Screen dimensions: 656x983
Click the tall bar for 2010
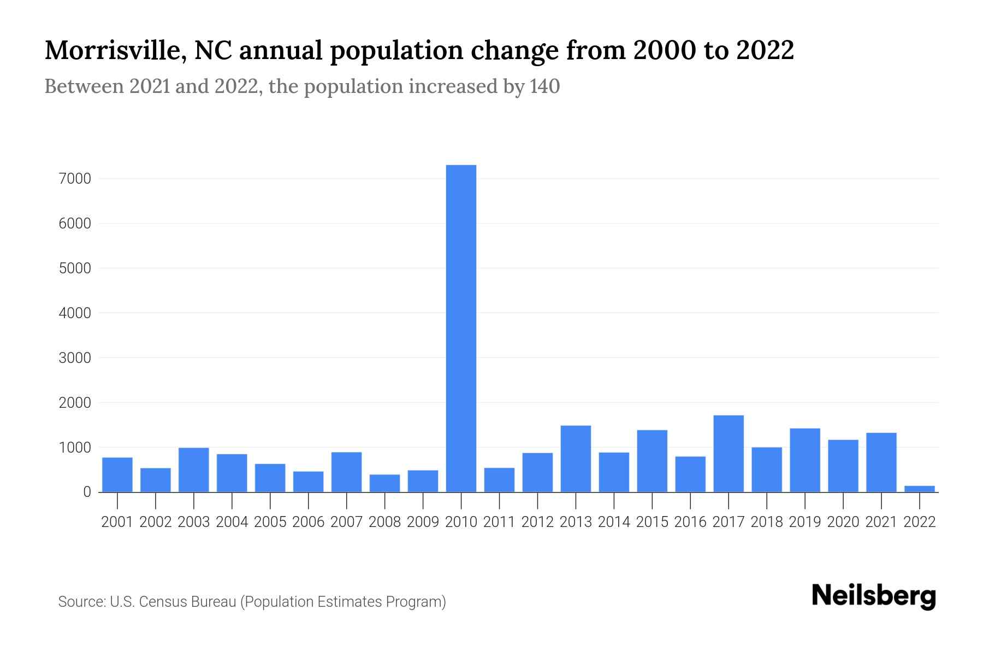pyautogui.click(x=461, y=328)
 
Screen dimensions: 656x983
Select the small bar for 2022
pyautogui.click(x=919, y=488)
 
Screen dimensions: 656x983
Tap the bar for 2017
pyautogui.click(x=728, y=454)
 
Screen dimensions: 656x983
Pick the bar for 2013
pyautogui.click(x=576, y=459)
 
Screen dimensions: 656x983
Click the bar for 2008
pyautogui.click(x=384, y=483)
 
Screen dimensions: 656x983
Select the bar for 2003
pyautogui.click(x=194, y=470)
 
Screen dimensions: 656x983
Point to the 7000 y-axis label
pyautogui.click(x=75, y=179)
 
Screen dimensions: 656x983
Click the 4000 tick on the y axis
pyautogui.click(x=75, y=313)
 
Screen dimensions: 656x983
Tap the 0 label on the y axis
pyautogui.click(x=87, y=492)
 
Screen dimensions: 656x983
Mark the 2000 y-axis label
pyautogui.click(x=75, y=403)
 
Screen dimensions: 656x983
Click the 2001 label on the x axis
pyautogui.click(x=117, y=522)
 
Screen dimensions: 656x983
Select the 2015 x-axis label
pyautogui.click(x=652, y=522)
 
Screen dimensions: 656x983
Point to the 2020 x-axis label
pyautogui.click(x=843, y=522)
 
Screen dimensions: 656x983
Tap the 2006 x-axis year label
pyautogui.click(x=308, y=522)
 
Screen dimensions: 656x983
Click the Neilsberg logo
pyautogui.click(x=874, y=596)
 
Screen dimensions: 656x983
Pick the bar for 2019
pyautogui.click(x=804, y=460)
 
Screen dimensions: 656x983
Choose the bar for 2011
pyautogui.click(x=499, y=479)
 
